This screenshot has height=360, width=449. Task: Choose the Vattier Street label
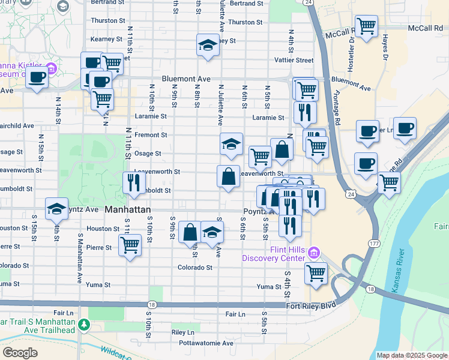tap(294, 60)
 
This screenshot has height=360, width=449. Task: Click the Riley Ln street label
tap(182, 332)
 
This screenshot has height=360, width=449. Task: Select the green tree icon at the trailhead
tap(85, 325)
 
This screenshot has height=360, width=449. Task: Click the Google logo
tap(20, 352)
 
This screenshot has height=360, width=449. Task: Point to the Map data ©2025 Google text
tap(412, 355)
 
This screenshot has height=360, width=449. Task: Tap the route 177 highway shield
tap(373, 243)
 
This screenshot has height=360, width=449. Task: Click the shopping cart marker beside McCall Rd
tap(366, 26)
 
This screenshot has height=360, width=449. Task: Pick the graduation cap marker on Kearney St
tap(208, 45)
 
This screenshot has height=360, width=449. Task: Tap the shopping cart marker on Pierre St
tap(130, 245)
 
